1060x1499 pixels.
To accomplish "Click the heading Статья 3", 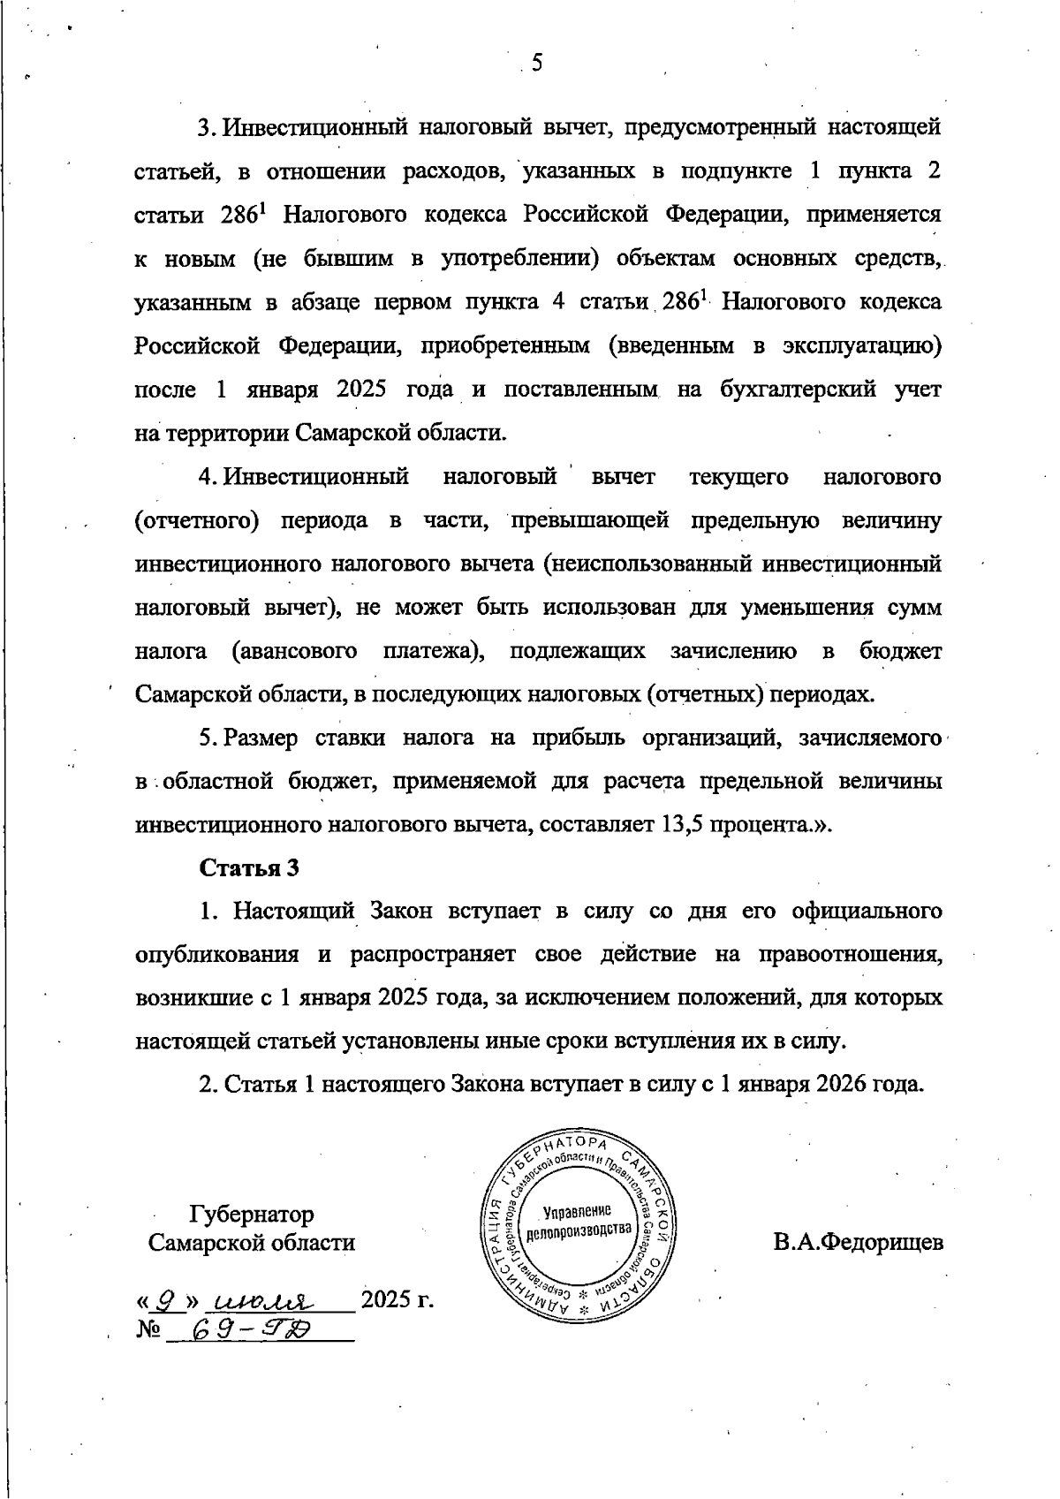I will [x=250, y=867].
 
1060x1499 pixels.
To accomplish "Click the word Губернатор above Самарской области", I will [x=252, y=1215].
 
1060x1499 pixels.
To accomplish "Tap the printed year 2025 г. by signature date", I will [x=397, y=1299].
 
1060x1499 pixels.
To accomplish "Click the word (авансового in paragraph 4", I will [x=294, y=652].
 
